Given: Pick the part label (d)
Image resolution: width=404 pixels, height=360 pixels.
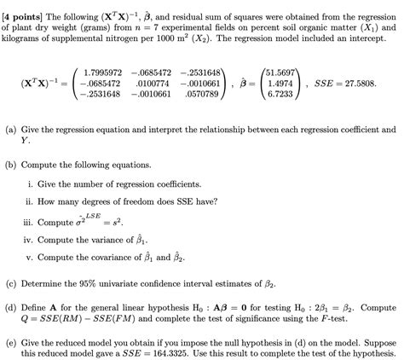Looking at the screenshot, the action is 13,305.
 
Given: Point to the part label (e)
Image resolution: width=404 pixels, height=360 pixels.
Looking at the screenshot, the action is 13,340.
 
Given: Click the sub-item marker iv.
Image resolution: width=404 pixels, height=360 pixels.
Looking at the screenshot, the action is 30,240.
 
